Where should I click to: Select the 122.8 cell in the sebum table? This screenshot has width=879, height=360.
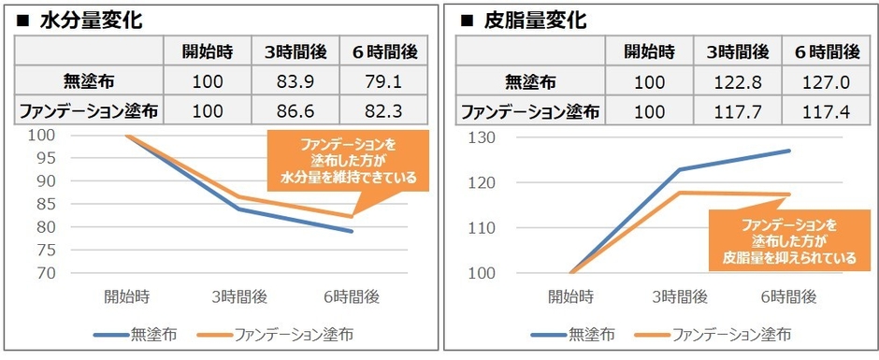(x=738, y=82)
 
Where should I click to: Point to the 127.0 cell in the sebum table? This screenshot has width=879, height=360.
(x=824, y=82)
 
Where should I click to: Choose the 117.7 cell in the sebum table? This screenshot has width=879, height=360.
(x=738, y=112)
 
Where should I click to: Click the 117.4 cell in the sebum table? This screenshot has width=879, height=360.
(x=824, y=112)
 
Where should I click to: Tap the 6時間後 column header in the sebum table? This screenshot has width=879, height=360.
(x=824, y=51)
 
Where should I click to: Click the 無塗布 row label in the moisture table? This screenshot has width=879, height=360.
(x=91, y=82)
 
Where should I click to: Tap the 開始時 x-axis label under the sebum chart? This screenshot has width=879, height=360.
(x=571, y=297)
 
